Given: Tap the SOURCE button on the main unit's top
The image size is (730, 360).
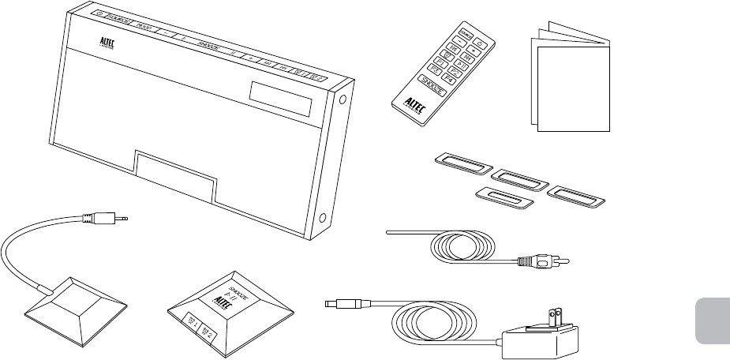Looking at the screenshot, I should pos(119,20).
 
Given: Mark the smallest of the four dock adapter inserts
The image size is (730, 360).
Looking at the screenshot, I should pos(504,198).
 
